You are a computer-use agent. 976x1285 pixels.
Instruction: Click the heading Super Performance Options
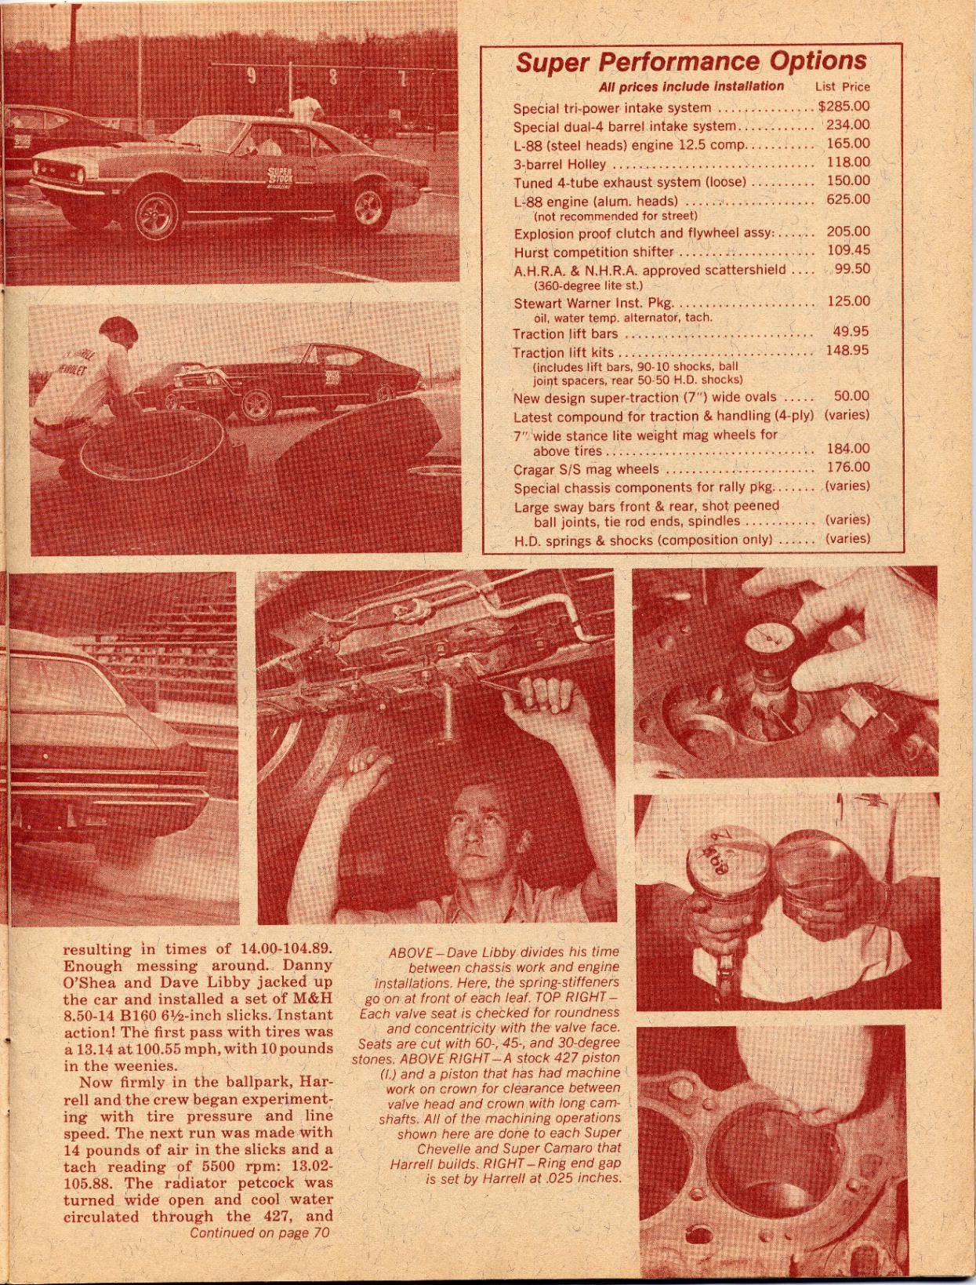tap(691, 62)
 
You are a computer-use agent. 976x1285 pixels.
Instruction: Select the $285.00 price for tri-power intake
tap(844, 107)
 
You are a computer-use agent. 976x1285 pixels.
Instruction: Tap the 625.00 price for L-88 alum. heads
tap(848, 199)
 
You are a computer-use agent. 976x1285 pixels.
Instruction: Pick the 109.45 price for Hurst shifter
tap(848, 250)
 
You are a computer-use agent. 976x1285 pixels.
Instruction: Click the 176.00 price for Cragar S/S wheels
tap(848, 468)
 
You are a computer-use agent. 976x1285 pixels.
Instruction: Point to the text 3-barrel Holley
tap(560, 164)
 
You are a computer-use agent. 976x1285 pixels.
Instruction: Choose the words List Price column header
tap(842, 87)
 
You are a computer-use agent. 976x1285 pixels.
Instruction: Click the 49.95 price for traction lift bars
tap(851, 332)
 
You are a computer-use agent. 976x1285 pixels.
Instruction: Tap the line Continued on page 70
tap(259, 1233)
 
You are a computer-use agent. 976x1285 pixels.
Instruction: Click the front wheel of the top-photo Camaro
tap(158, 215)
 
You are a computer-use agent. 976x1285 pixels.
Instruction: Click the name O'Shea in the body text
tap(89, 982)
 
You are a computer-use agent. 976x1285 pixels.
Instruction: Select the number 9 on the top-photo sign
tap(252, 76)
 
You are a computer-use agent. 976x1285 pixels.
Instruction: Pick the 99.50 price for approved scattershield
tap(851, 269)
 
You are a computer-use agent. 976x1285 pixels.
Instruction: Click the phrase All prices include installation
tap(691, 86)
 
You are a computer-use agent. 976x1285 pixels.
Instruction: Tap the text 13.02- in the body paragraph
tap(307, 1167)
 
